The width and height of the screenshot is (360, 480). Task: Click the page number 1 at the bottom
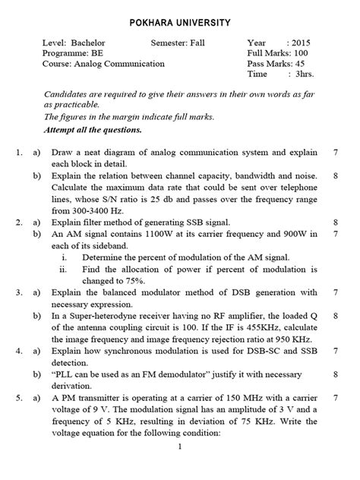pos(180,469)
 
